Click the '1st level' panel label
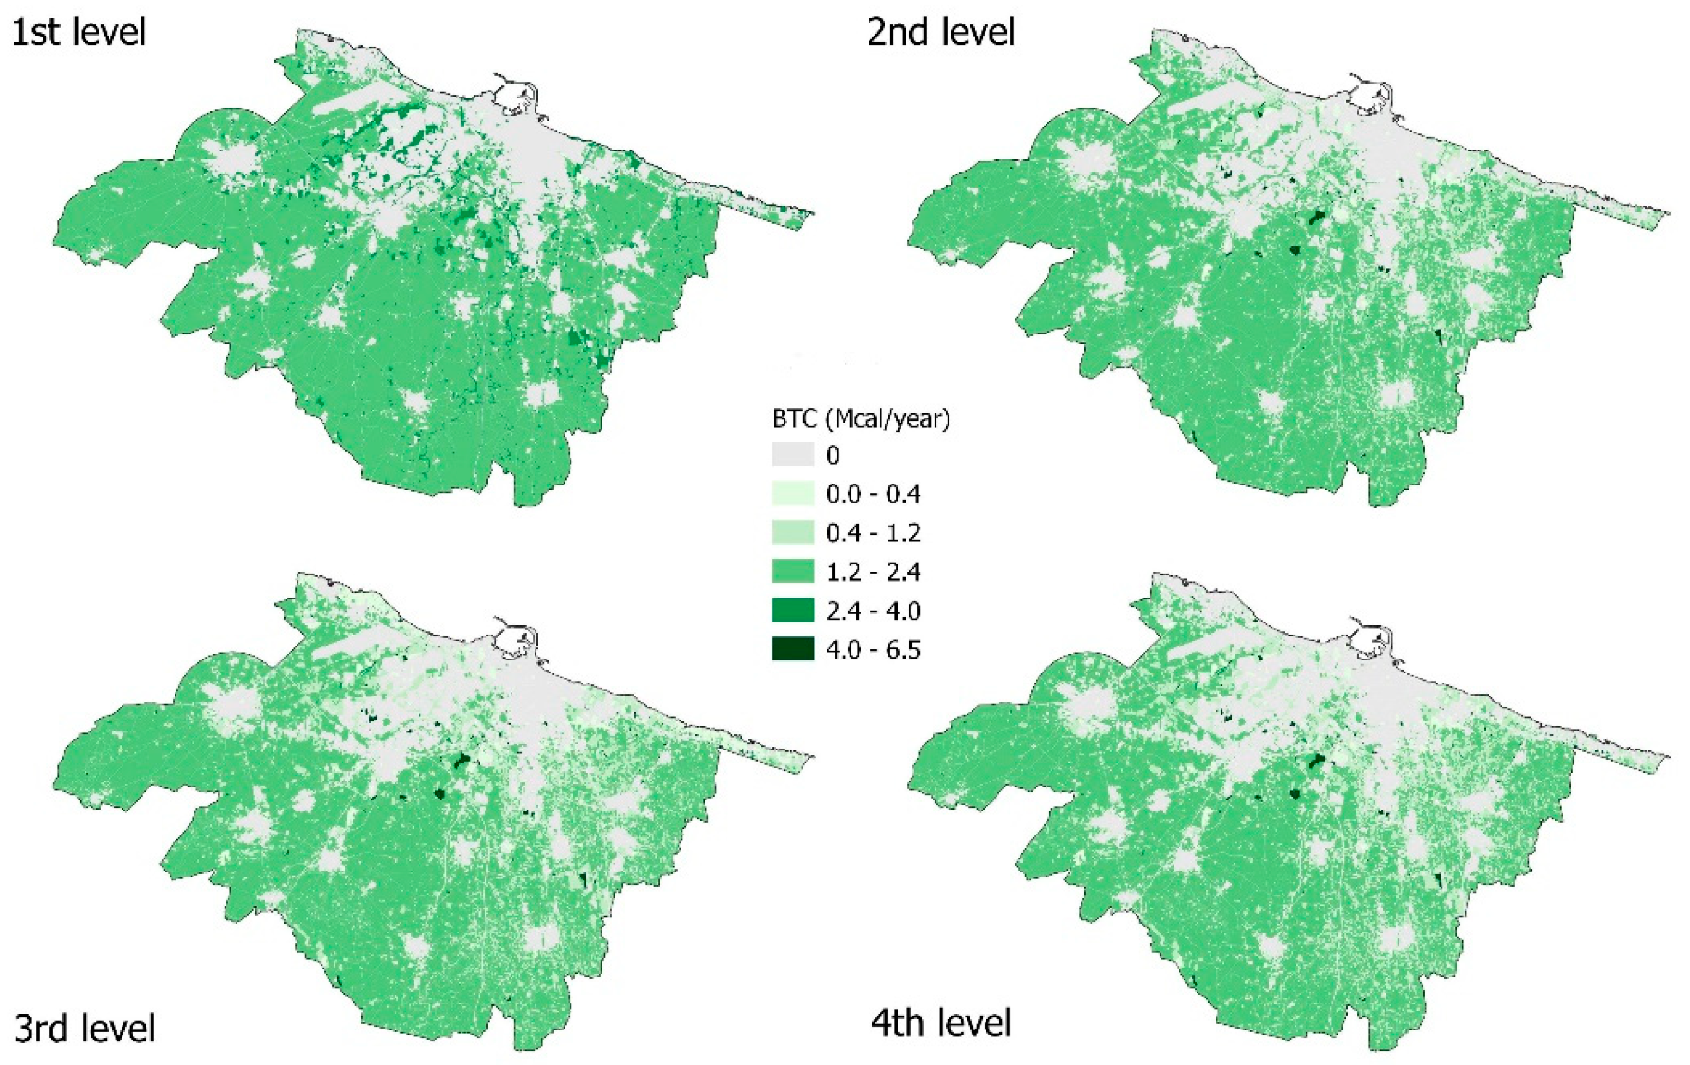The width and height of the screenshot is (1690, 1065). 79,33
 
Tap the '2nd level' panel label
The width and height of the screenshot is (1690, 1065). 941,33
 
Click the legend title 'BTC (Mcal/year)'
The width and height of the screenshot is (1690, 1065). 860,419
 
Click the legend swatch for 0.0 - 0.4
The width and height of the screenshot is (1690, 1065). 793,494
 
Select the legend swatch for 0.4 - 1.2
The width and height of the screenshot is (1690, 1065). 793,532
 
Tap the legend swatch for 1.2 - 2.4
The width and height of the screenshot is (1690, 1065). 793,572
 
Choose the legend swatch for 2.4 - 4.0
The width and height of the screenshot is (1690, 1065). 793,611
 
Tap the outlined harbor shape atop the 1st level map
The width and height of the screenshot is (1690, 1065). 517,95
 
